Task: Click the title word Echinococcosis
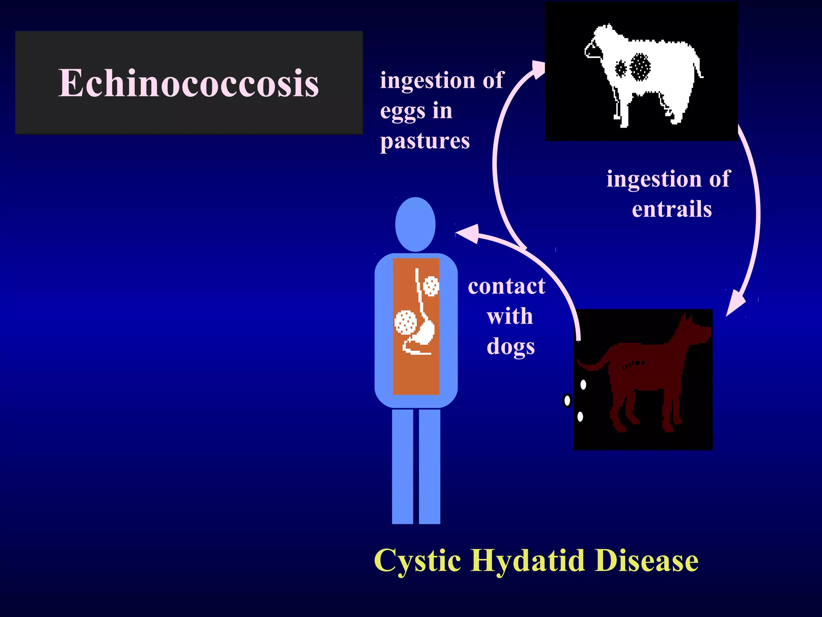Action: [x=189, y=83]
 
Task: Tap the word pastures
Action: [x=425, y=141]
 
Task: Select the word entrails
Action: [x=671, y=209]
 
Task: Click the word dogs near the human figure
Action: [x=511, y=346]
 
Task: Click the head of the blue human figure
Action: [x=415, y=224]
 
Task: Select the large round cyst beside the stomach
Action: [x=405, y=323]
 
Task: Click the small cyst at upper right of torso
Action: [x=431, y=286]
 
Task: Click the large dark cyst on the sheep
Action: [x=640, y=67]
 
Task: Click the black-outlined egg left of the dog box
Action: [x=567, y=400]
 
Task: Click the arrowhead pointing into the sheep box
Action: [x=538, y=70]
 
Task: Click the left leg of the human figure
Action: [x=402, y=466]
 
